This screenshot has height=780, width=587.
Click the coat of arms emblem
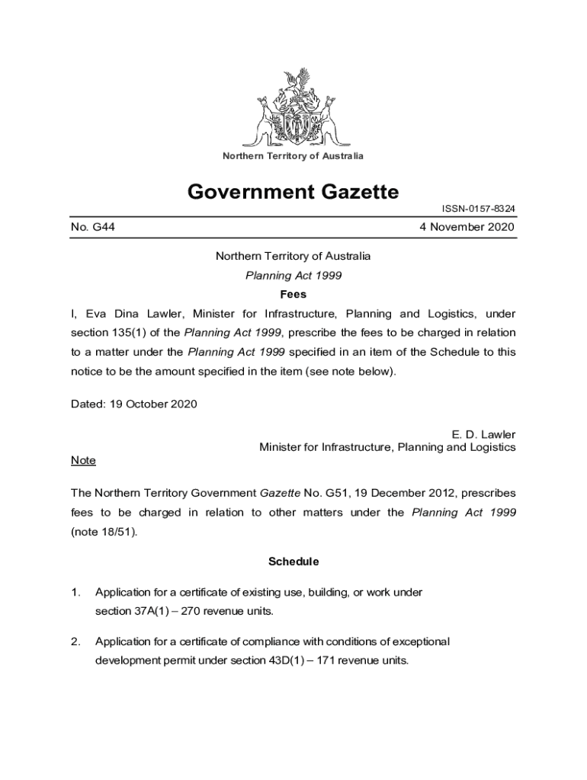tap(297, 107)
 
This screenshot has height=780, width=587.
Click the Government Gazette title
tap(293, 192)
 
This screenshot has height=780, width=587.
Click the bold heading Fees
tap(293, 294)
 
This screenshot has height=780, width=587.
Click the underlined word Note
tap(83, 461)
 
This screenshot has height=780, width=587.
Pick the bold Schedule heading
tap(293, 562)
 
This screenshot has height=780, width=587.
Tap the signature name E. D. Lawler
tap(484, 435)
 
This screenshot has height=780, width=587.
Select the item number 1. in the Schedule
tap(75, 592)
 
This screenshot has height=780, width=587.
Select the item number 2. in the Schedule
tap(75, 641)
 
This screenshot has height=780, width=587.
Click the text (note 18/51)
tap(104, 532)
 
